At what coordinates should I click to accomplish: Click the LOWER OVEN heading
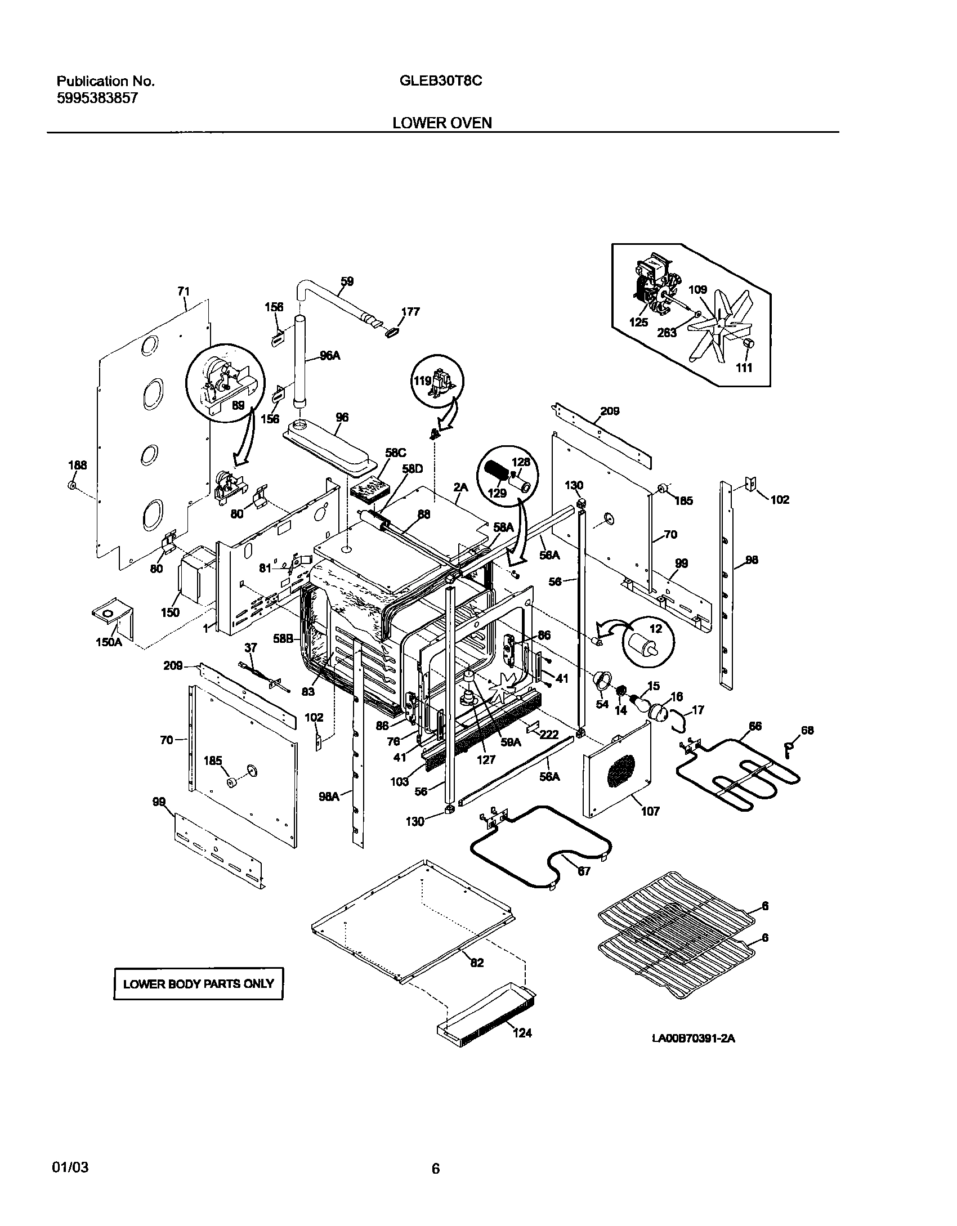(442, 123)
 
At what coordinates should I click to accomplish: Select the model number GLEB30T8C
(440, 81)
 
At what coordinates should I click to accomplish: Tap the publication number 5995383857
(97, 99)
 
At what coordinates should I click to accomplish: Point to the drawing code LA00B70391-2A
(694, 1039)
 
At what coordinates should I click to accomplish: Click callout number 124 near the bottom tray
(521, 1033)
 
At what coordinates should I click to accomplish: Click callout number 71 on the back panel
(184, 291)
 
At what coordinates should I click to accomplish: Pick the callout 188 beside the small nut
(78, 465)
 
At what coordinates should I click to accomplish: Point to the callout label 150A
(109, 641)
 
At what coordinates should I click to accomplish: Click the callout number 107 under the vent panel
(650, 811)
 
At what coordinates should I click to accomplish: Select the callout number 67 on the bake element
(584, 871)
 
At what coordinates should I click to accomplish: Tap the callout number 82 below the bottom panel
(477, 963)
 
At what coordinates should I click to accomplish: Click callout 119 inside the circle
(423, 380)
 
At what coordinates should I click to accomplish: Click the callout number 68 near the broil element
(807, 731)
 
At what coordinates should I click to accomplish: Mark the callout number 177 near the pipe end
(410, 311)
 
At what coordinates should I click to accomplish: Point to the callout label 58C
(395, 452)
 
